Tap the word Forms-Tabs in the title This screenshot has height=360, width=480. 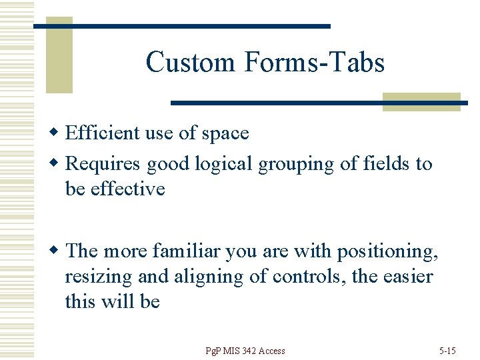314,63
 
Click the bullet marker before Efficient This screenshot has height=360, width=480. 58,133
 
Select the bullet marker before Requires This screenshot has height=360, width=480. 58,164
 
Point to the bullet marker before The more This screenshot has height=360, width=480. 58,251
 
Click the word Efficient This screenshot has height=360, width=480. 103,133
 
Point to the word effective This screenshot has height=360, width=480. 127,189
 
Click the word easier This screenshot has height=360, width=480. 407,277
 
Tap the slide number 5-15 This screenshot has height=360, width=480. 447,351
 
